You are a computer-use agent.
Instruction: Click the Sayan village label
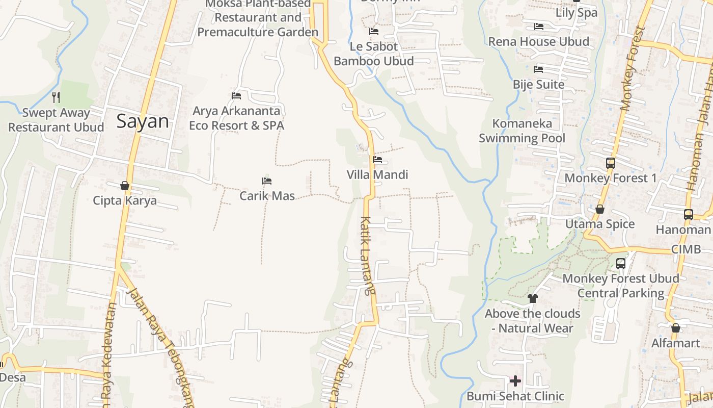(143, 121)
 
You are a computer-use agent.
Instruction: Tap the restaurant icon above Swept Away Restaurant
(56, 97)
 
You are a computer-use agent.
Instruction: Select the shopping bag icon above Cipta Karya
(125, 186)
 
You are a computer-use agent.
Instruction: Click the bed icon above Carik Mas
(267, 181)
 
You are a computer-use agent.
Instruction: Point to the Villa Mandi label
(377, 175)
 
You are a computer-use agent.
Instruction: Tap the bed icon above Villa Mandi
(377, 160)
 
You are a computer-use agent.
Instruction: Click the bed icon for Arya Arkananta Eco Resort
(236, 95)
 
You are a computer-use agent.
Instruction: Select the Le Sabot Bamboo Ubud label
(373, 54)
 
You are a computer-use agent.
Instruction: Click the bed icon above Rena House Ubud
(539, 27)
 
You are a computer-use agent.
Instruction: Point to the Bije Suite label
(539, 85)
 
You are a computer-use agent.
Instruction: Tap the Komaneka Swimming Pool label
(522, 131)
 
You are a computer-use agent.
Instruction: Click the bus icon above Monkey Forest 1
(611, 163)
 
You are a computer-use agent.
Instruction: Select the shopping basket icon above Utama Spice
(600, 209)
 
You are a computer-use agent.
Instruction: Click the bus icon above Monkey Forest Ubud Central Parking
(621, 264)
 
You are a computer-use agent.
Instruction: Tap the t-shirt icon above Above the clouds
(533, 298)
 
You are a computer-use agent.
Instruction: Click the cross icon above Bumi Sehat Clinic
(515, 380)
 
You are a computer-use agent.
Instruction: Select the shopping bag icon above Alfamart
(676, 328)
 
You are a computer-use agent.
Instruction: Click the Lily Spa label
(577, 13)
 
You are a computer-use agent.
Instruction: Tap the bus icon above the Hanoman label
(689, 215)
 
